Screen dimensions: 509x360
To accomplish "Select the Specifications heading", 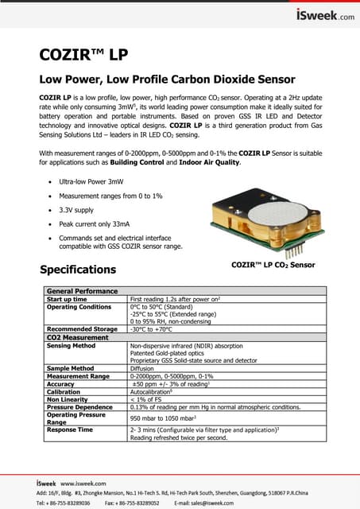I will click(78, 269).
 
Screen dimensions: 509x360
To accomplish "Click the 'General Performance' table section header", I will click(83, 291).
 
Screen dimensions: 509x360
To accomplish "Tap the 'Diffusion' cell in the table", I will click(144, 368).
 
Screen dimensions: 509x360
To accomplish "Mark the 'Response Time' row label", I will click(70, 429).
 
